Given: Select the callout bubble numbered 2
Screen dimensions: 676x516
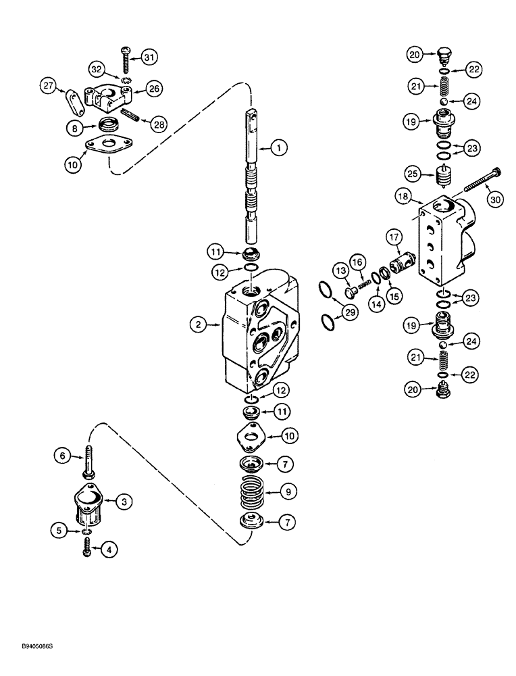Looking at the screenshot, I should [x=199, y=325].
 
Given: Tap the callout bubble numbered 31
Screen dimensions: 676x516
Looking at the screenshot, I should [x=149, y=57].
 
